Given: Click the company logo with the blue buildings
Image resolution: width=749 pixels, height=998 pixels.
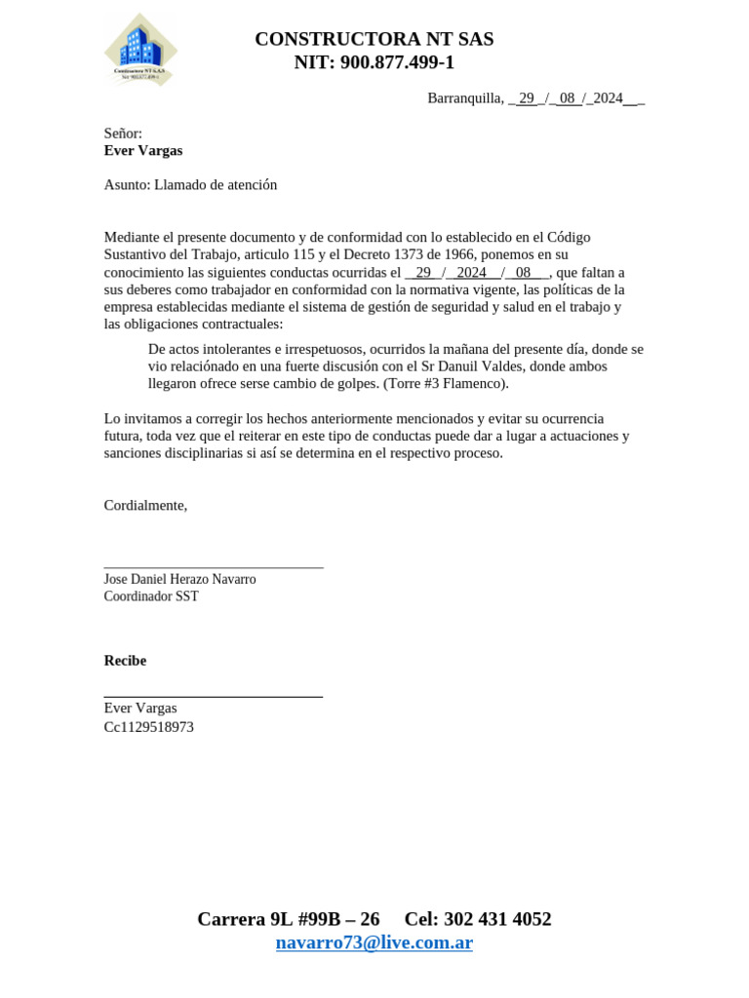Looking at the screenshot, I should click(x=140, y=50).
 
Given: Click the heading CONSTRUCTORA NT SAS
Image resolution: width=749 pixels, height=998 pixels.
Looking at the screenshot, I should click(x=374, y=39).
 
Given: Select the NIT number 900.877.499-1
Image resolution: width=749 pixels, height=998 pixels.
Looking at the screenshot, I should click(x=397, y=62).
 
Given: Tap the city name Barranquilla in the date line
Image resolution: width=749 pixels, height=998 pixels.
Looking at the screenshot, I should click(x=464, y=97).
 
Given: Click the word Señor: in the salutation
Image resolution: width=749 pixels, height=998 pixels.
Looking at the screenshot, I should click(x=123, y=134).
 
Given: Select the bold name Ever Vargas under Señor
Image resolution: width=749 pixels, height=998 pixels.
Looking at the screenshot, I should click(x=143, y=150).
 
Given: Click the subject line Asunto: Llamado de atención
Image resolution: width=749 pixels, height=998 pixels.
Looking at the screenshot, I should click(x=190, y=184).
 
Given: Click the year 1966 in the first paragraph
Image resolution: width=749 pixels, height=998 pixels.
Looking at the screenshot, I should click(x=458, y=254).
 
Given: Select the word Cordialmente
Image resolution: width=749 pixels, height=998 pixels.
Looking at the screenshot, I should click(x=145, y=505).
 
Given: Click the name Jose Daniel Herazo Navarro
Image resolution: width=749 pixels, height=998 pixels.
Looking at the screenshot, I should click(x=179, y=579).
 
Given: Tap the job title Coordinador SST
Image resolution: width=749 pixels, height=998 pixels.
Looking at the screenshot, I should click(x=151, y=596).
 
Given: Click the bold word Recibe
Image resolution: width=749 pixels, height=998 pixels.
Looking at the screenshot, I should click(x=125, y=660).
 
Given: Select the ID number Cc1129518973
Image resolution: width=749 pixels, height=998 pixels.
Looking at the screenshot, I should click(x=148, y=727).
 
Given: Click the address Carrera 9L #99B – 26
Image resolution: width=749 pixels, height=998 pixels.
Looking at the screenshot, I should click(x=289, y=919).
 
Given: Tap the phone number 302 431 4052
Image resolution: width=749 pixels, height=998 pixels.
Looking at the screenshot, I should click(x=497, y=919).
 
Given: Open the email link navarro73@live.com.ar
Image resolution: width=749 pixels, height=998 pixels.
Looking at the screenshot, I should click(x=374, y=942).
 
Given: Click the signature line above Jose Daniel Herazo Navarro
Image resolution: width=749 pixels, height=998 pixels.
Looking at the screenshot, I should click(x=213, y=566).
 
